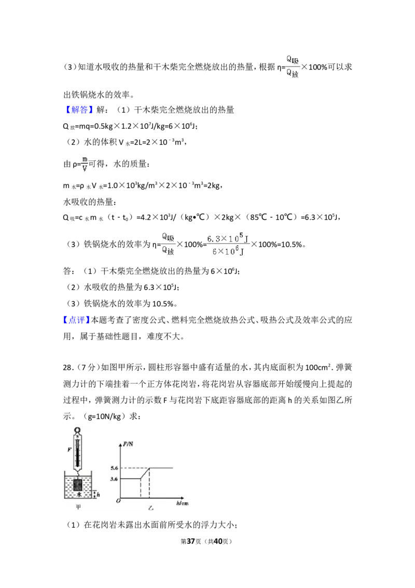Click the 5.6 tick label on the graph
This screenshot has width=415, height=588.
pyautogui.click(x=114, y=468)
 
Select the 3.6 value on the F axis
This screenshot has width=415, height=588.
pyautogui.click(x=114, y=479)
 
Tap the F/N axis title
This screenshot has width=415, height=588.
pyautogui.click(x=128, y=444)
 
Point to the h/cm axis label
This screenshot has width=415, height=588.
pyautogui.click(x=183, y=503)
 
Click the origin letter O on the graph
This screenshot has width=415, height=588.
pyautogui.click(x=118, y=501)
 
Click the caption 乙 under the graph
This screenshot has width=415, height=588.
pyautogui.click(x=150, y=508)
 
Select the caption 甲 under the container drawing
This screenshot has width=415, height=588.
pyautogui.click(x=78, y=507)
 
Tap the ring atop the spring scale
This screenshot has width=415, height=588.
pyautogui.click(x=77, y=430)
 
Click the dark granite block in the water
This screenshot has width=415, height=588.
pyautogui.click(x=78, y=486)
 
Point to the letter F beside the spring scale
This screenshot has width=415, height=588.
pyautogui.click(x=69, y=449)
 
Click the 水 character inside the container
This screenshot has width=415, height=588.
pyautogui.click(x=79, y=495)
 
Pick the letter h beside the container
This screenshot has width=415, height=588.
pyautogui.click(x=98, y=495)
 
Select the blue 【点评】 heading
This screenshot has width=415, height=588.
pyautogui.click(x=77, y=320)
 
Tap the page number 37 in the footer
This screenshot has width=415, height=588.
pyautogui.click(x=191, y=541)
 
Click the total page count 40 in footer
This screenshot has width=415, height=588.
pyautogui.click(x=217, y=541)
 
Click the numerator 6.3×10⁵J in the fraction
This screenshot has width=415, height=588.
pyautogui.click(x=228, y=238)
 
